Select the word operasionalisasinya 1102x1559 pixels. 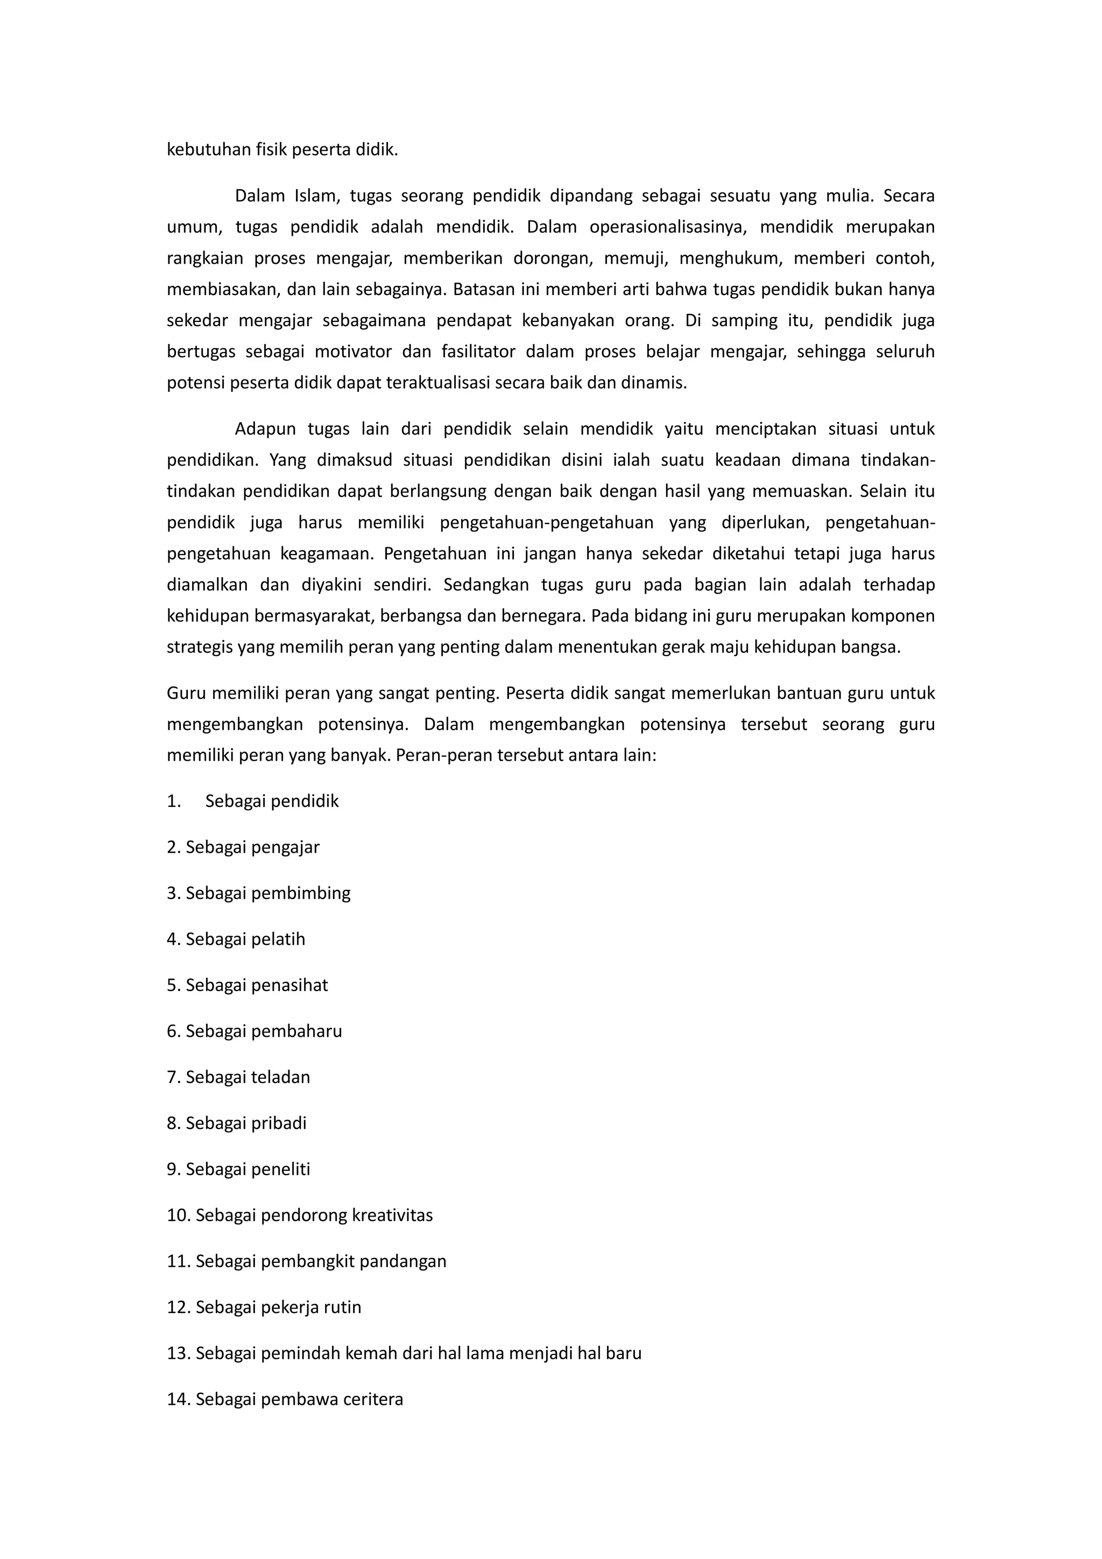(x=668, y=228)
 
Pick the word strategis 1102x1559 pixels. (x=200, y=647)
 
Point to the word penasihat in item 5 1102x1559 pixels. (x=294, y=985)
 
